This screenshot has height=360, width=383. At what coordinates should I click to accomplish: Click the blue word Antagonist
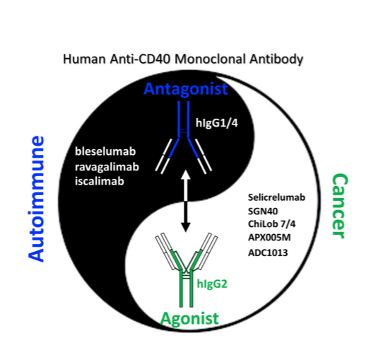coord(186,88)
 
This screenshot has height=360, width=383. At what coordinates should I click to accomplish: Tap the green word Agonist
coord(189,319)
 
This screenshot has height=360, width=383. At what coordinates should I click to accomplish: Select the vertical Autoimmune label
coord(36,199)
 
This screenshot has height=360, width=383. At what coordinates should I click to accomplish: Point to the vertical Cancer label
coord(339,206)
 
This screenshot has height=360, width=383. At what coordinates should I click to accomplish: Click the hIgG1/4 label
coord(217,123)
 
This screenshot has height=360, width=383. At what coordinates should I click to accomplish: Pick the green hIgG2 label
coord(212,284)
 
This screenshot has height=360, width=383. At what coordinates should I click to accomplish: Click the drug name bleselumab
coord(105,151)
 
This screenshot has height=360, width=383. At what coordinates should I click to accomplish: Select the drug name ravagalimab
coord(107,167)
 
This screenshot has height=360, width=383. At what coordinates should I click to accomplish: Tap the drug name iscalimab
coord(100,181)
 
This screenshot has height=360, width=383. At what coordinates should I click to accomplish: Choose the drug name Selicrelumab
coord(276,197)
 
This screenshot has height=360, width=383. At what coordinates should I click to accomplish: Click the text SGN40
coord(263,211)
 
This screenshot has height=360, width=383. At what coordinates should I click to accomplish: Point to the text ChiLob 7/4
coord(271,224)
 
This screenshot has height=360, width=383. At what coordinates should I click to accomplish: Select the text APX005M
coord(269,238)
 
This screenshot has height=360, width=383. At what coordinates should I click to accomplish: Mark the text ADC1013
coord(268,252)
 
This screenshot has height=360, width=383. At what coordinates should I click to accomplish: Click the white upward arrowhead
coord(186,175)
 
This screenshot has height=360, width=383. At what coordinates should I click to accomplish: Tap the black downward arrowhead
coord(186,226)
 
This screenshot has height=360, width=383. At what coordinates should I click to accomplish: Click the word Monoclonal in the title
coord(210,59)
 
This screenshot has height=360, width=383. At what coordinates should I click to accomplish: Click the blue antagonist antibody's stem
coord(184,119)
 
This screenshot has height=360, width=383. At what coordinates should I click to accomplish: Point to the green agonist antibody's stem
coord(186,289)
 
